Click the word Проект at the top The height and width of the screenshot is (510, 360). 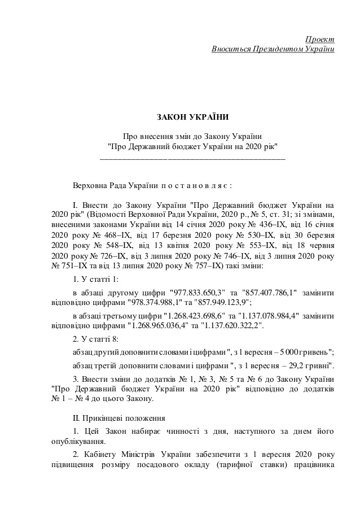[319, 38]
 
